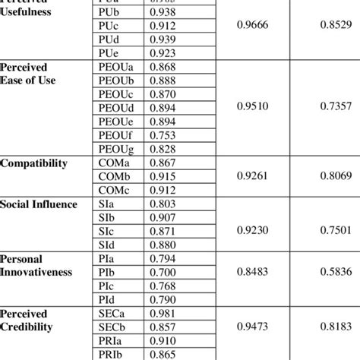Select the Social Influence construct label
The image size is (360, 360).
pyautogui.click(x=39, y=204)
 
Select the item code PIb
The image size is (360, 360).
pyautogui.click(x=108, y=273)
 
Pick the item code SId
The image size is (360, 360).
pyautogui.click(x=108, y=245)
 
